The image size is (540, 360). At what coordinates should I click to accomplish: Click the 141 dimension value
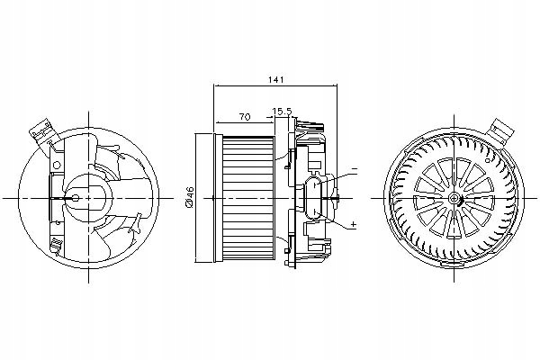coord(272,80)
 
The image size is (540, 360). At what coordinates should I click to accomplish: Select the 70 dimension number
coord(244,117)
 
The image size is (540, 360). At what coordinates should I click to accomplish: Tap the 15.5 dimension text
coord(283,112)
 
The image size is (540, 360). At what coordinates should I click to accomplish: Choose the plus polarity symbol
coord(353,224)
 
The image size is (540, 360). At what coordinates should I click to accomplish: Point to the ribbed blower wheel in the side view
coord(249,197)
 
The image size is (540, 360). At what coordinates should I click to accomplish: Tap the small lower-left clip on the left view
coord(56,244)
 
